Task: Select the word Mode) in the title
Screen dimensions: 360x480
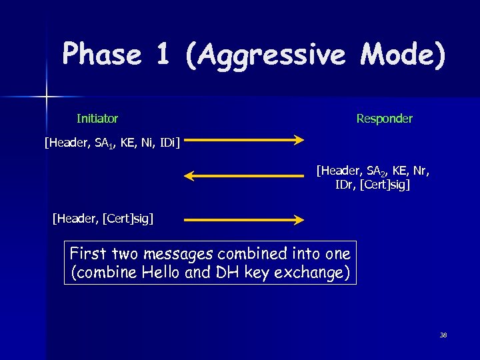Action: point(402,54)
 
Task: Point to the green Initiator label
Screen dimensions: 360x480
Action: point(97,119)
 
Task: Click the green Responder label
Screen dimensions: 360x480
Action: point(384,119)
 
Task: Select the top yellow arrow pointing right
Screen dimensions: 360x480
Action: point(244,140)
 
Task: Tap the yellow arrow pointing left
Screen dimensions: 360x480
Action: point(244,176)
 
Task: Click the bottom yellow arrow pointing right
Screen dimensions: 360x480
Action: point(244,219)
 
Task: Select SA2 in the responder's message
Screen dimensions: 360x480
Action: point(371,171)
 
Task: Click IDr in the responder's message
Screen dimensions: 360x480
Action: point(345,185)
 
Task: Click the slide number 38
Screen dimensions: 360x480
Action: point(443,335)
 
